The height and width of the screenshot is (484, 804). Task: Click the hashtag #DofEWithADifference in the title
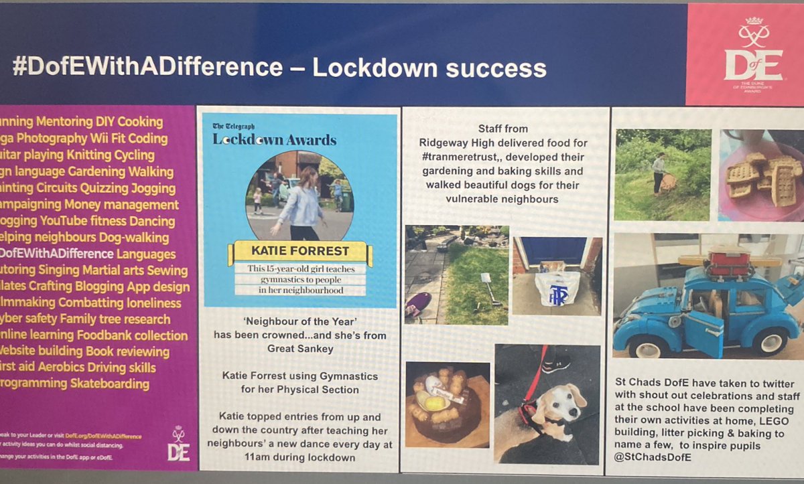pos(147,68)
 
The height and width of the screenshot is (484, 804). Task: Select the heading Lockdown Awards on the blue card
pos(275,140)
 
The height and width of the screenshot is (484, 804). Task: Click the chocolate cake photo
pos(447,402)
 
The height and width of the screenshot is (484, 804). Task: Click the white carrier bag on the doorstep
pos(557,287)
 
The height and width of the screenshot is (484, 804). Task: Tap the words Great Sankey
pos(299,347)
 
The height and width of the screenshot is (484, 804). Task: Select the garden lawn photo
pos(456,274)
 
